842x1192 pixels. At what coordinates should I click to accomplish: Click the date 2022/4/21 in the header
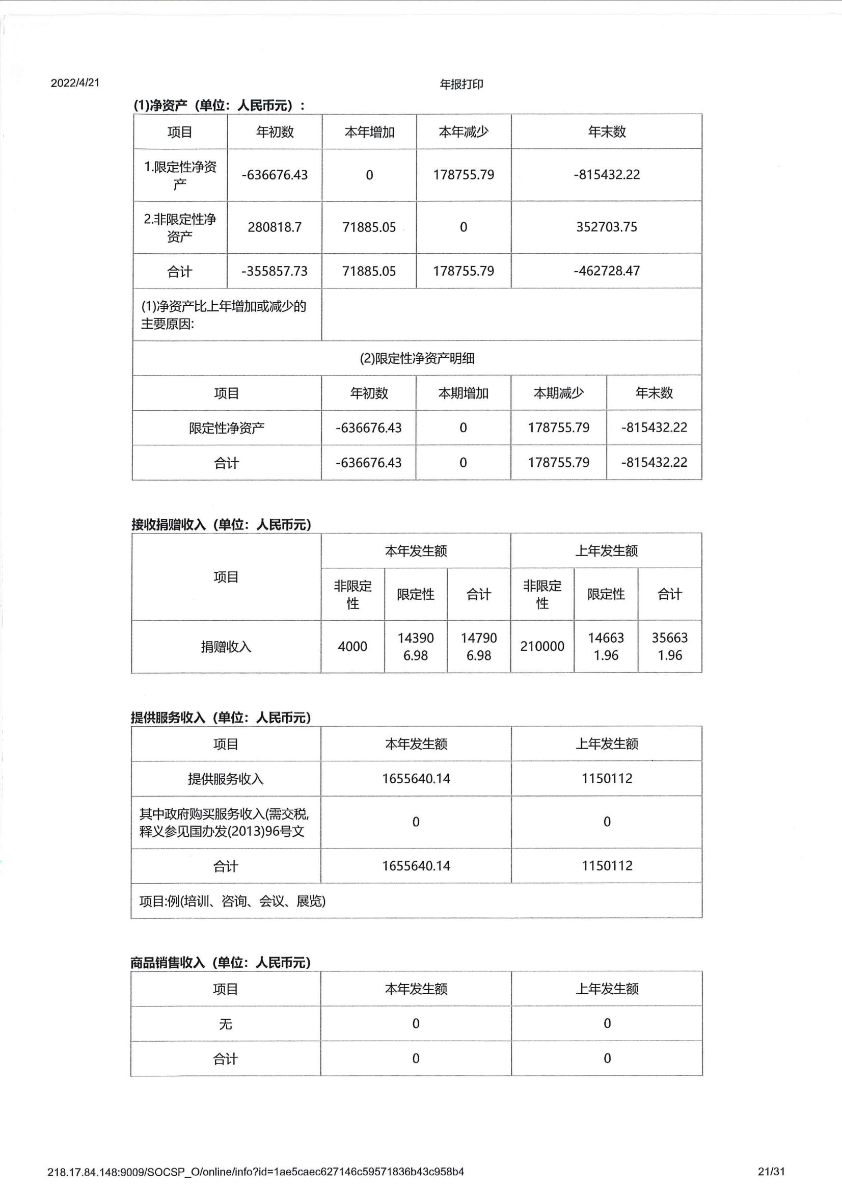click(x=75, y=83)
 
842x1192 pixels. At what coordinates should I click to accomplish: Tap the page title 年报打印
click(x=461, y=84)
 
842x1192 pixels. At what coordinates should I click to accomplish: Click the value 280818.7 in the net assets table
click(x=275, y=227)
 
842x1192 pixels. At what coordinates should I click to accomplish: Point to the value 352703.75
click(x=607, y=227)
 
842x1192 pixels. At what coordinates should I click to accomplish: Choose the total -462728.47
click(x=607, y=271)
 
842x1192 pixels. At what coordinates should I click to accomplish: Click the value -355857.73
click(x=275, y=271)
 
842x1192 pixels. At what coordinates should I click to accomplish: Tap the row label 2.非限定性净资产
click(x=180, y=227)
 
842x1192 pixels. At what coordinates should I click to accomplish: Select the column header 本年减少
click(x=464, y=132)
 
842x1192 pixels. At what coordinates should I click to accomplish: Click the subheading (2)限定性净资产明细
click(x=417, y=358)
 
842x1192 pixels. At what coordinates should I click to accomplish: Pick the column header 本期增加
click(x=464, y=393)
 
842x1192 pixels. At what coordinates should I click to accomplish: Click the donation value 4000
click(x=352, y=646)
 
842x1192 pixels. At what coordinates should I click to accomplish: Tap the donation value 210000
click(x=542, y=646)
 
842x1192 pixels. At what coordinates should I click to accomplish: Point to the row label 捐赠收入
click(x=226, y=647)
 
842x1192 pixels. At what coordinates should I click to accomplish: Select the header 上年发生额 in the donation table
click(x=606, y=551)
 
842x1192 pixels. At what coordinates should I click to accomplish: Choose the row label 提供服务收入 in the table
click(x=226, y=779)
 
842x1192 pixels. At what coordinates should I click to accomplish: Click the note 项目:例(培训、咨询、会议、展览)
click(x=232, y=900)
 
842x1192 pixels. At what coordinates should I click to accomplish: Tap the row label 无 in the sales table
click(x=225, y=1024)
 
